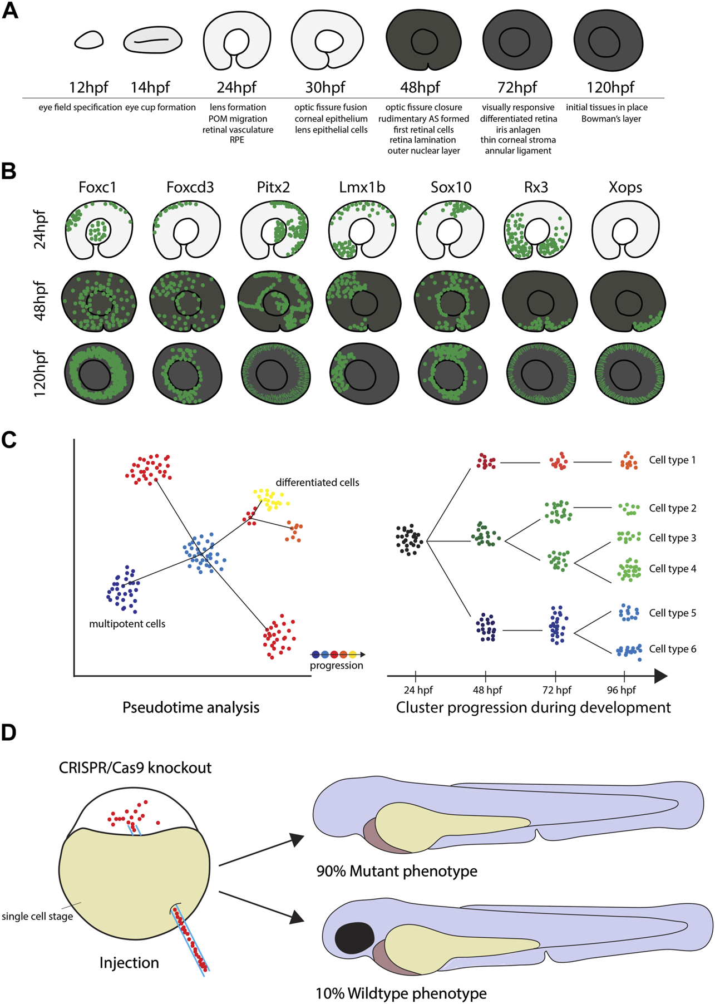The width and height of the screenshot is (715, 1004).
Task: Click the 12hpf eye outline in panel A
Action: [x=88, y=40]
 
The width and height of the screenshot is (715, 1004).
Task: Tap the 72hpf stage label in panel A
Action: [x=517, y=87]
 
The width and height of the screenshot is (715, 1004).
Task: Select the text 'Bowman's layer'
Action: [x=611, y=119]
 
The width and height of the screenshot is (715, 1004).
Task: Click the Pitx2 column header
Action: [x=273, y=188]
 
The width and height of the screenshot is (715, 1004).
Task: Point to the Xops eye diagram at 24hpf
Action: [x=625, y=230]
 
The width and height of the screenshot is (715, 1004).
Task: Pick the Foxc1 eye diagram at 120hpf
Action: [x=99, y=373]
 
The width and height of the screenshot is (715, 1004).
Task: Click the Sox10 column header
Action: [x=451, y=188]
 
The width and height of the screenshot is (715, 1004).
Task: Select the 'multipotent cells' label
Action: [x=127, y=624]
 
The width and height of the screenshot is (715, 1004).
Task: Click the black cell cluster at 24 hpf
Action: [x=409, y=539]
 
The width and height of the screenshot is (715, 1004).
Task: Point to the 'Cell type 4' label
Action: [x=672, y=569]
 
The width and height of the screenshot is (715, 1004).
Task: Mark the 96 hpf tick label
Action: [x=621, y=690]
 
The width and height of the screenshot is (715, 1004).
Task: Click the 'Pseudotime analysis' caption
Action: [x=191, y=707]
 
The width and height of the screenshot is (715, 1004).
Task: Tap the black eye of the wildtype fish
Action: [x=354, y=940]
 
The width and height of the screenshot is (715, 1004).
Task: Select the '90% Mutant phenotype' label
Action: [x=396, y=871]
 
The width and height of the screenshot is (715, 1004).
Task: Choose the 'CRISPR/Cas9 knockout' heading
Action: [x=135, y=768]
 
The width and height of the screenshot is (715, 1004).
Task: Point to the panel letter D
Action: [x=9, y=732]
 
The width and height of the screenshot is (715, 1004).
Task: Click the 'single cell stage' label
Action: [x=37, y=916]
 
